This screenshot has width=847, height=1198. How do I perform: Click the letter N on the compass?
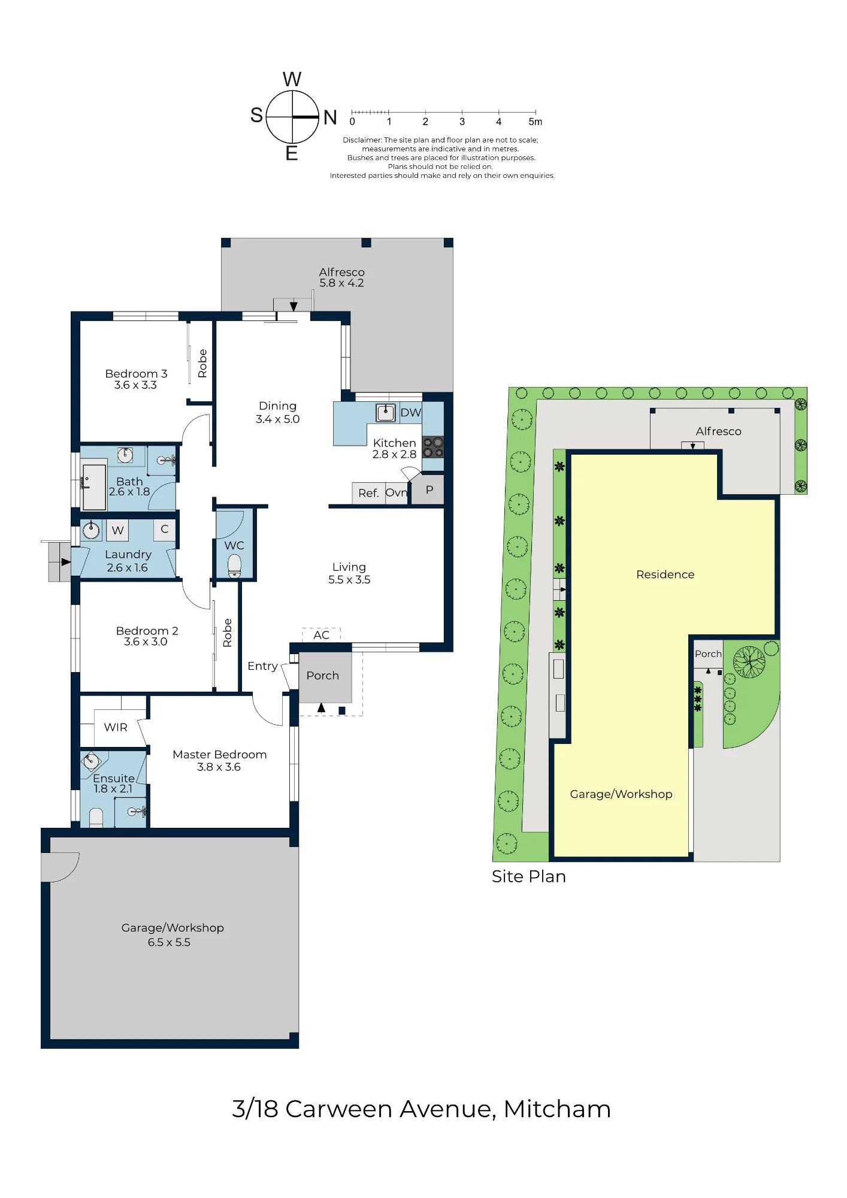330,117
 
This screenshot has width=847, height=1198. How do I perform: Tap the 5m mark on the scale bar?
536,122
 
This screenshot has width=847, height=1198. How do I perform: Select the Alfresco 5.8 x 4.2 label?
341,277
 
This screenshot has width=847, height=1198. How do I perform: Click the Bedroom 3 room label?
136,379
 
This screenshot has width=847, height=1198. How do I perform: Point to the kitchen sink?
385,412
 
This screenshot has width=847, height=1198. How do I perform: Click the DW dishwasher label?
410,412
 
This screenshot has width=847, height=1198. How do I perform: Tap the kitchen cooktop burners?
433,447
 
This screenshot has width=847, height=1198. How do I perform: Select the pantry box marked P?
429,490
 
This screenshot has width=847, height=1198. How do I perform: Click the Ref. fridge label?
368,493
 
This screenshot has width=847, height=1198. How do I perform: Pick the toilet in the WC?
234,565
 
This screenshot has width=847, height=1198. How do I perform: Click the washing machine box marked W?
118,530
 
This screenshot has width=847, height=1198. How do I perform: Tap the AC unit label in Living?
321,635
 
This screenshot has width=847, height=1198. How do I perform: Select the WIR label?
116,727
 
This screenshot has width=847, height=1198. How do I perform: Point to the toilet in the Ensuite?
96,818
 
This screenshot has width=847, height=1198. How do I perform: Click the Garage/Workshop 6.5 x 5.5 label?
172,934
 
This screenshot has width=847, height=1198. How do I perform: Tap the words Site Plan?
529,876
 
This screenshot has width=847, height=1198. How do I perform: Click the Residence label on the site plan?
665,574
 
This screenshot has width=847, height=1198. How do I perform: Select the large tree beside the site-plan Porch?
749,662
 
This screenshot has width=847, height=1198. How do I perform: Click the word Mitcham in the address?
557,1109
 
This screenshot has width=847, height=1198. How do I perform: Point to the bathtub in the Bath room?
93,486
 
